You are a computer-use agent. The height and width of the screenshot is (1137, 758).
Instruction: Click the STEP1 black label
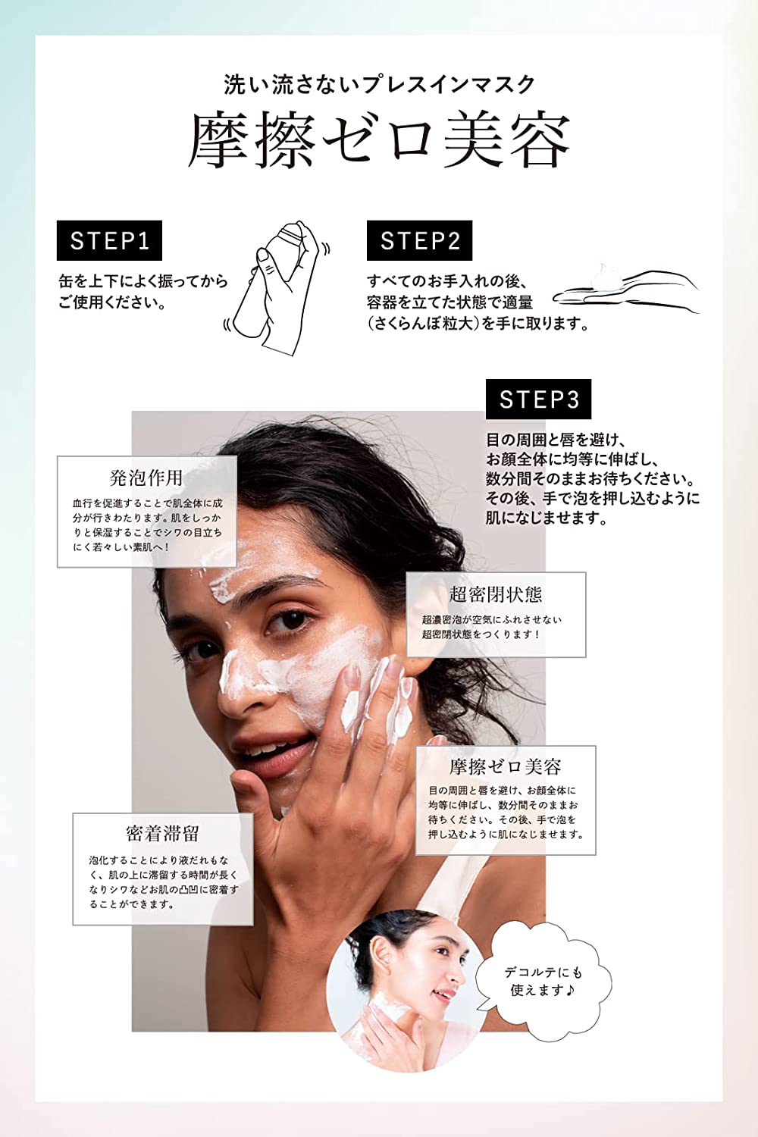pos(109,240)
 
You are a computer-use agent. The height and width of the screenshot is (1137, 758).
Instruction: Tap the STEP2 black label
pos(419,240)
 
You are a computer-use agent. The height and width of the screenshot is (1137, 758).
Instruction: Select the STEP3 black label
pos(538,399)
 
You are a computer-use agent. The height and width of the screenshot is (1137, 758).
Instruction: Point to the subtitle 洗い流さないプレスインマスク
pos(379,85)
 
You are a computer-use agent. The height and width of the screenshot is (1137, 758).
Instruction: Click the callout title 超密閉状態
pos(496,594)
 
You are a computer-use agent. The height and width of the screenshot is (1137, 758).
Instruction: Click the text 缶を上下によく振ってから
pos(143,281)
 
